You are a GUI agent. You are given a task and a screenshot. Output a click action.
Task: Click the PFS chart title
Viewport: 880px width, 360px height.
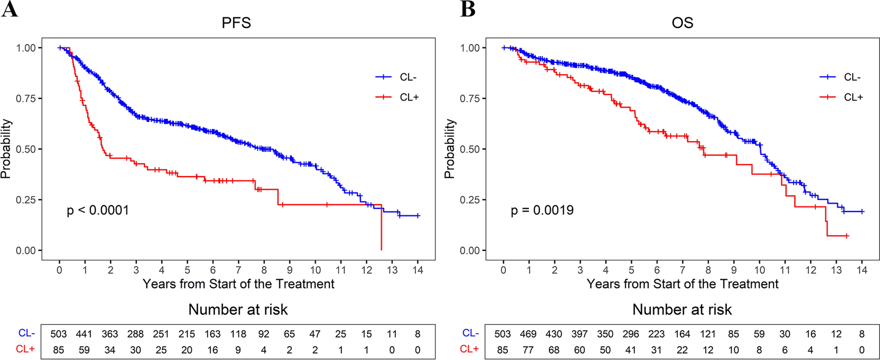point(236,22)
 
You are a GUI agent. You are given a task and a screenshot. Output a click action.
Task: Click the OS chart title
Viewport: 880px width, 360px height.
point(682,22)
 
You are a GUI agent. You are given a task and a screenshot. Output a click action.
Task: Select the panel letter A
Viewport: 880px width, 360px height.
point(10,9)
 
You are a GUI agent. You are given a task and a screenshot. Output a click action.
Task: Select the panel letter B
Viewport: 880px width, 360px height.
point(467,9)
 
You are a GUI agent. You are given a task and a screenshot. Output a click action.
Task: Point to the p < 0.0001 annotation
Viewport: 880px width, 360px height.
point(98,210)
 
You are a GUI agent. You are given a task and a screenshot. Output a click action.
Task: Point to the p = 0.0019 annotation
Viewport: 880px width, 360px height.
point(542,210)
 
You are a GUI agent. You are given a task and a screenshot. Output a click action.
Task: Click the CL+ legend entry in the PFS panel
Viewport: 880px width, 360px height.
point(409,97)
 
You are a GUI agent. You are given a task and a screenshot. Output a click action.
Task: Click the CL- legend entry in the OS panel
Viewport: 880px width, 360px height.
point(852,77)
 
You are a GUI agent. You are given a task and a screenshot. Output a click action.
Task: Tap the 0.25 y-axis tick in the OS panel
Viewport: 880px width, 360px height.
point(470,200)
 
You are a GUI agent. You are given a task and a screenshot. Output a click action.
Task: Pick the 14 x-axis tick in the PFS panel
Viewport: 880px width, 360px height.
point(418,270)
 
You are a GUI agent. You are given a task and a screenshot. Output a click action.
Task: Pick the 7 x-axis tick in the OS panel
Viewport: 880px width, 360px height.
point(682,270)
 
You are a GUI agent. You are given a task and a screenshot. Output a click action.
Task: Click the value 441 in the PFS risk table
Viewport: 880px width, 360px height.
point(84,334)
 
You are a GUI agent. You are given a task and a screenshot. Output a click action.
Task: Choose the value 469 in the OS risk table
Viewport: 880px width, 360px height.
point(528,334)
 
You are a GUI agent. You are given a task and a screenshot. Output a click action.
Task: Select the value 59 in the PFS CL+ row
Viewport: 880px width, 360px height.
point(84,350)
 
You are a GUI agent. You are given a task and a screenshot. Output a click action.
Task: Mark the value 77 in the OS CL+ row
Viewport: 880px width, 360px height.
point(528,350)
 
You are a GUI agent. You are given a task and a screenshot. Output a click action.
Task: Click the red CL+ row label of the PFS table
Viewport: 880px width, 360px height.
point(25,349)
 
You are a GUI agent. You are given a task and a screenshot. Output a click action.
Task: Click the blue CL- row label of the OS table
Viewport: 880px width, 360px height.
point(470,333)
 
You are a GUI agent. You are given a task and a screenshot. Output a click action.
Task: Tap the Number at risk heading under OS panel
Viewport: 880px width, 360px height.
point(682,309)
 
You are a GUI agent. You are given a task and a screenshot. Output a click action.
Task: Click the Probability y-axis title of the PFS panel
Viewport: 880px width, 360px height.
point(6,149)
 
